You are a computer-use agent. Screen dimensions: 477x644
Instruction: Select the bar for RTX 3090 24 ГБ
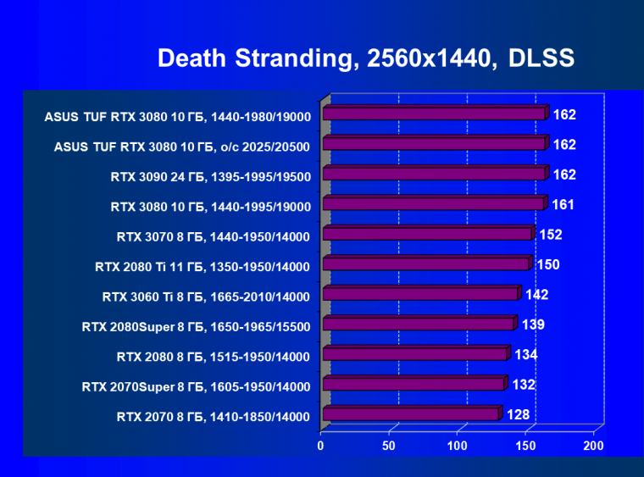coord(433,174)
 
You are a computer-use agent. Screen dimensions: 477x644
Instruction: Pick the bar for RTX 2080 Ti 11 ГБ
coord(425,264)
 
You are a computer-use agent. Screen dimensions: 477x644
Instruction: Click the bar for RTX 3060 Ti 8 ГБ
coord(419,294)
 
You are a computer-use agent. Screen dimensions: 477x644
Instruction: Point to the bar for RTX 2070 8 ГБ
coord(410,414)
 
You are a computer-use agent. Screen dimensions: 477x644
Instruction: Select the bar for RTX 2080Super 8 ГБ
coord(418,324)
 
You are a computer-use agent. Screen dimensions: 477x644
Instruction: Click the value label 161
coord(564,204)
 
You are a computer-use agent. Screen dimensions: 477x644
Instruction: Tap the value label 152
coord(551,235)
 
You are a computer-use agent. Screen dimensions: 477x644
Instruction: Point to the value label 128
coord(519,414)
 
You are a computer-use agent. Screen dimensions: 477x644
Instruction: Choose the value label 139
coord(533,324)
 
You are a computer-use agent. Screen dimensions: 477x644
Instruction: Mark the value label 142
coord(537,295)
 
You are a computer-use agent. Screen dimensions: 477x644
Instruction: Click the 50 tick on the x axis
coord(389,446)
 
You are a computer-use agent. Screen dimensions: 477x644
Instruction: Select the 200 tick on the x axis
coord(593,446)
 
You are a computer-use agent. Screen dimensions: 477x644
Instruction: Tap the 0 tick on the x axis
coord(321,446)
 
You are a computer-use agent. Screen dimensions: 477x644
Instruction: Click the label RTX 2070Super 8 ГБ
coord(195,387)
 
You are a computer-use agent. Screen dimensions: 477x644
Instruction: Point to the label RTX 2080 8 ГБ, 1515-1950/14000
coord(213,357)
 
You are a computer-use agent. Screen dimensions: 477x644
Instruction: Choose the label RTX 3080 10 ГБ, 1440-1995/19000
coord(210,207)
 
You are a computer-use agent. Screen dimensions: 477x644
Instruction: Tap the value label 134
coord(526,354)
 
